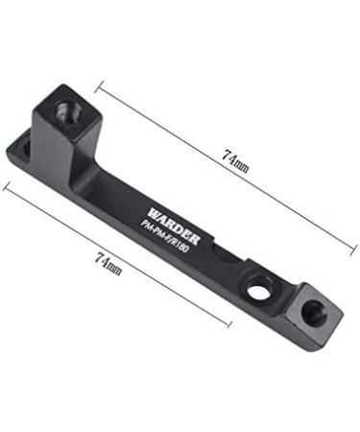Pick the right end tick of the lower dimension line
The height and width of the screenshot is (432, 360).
point(230,324)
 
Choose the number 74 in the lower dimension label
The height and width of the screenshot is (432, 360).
point(100,258)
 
